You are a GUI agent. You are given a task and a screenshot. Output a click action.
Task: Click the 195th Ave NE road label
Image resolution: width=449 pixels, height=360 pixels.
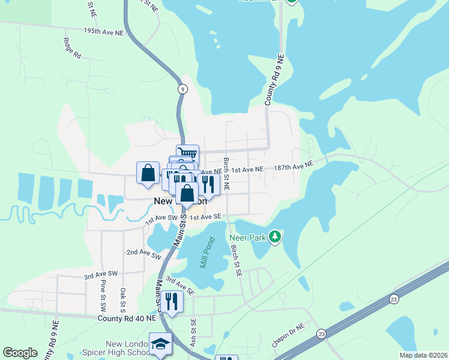[x=103, y=31]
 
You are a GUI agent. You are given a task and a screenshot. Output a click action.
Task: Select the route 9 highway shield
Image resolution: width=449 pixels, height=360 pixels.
[x=182, y=89]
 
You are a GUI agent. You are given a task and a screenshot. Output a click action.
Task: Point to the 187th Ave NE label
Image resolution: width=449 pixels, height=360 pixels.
[x=294, y=166]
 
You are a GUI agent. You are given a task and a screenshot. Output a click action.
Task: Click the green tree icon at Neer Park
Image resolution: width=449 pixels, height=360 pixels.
[x=275, y=237]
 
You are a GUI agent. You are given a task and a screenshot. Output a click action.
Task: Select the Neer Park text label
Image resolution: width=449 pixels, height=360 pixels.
[x=247, y=237]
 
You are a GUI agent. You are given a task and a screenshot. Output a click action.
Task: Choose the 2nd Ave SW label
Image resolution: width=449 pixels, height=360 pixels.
[x=144, y=254]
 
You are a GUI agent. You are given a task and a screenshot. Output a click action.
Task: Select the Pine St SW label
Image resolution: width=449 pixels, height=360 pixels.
[x=103, y=295]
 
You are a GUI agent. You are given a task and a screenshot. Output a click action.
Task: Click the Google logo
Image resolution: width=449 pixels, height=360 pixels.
[x=20, y=353]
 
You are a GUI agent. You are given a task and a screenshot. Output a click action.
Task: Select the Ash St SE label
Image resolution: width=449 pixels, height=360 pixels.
[x=194, y=328]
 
